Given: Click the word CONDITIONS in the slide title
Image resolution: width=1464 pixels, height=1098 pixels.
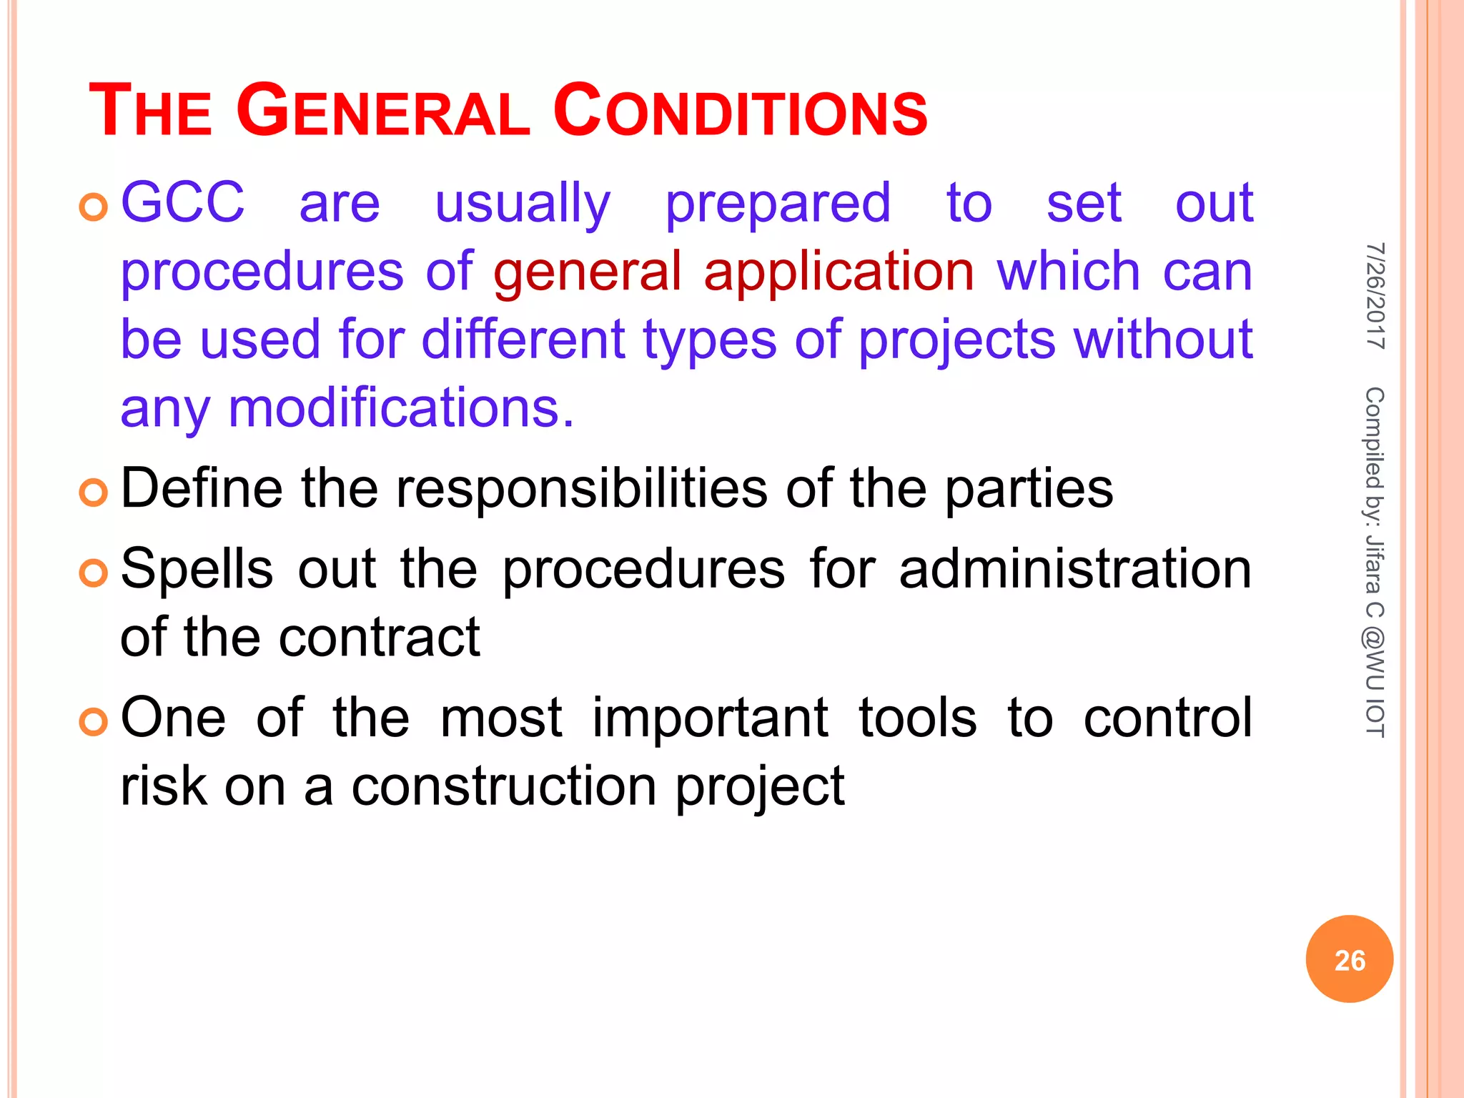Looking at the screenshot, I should tap(740, 112).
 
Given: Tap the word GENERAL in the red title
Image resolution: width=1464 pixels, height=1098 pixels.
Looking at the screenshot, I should tap(382, 112).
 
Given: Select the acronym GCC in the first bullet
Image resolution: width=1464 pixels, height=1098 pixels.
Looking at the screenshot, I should tap(182, 202).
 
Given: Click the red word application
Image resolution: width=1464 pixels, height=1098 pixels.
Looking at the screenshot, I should tap(839, 272).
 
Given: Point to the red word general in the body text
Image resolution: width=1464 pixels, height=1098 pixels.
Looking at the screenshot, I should tap(587, 272).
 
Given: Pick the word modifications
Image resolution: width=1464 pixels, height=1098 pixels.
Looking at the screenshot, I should tap(400, 408).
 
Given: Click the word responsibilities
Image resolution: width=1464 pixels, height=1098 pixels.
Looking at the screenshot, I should tap(581, 489).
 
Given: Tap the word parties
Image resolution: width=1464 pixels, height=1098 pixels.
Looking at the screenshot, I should tap(1029, 489).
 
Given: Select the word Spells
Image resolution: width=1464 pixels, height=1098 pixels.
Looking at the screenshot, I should tap(197, 570).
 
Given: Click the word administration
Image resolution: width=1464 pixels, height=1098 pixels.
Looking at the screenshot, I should tap(1075, 570).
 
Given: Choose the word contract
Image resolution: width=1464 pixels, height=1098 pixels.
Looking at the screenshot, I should tap(379, 637).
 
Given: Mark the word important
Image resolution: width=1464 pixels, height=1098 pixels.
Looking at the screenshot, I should tap(710, 718).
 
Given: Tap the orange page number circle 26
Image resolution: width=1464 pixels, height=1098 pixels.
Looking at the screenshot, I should tap(1349, 959).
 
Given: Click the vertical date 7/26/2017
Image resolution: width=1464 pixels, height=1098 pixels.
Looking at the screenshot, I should tap(1375, 296).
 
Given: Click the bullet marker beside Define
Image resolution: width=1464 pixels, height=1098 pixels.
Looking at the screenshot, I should tap(93, 493).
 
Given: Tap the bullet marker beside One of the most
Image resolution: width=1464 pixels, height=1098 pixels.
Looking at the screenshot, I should tap(93, 722).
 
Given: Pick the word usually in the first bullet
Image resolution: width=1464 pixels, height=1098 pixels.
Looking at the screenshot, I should tap(523, 204).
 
